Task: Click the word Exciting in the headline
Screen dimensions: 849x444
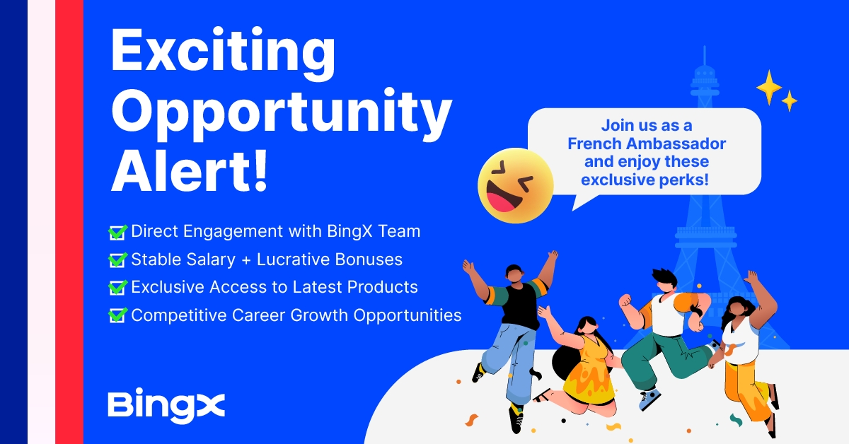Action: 224,53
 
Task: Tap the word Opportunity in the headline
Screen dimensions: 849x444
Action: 282,114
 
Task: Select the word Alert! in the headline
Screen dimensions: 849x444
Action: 189,170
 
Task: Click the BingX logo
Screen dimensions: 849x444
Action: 166,406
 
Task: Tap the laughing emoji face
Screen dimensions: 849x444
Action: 516,186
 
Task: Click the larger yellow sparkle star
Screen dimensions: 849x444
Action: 769,88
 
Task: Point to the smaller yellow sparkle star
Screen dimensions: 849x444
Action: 790,101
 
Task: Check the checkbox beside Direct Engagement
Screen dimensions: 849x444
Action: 117,232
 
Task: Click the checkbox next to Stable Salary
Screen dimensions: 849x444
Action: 117,260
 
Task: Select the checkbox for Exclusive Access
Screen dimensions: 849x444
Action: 117,288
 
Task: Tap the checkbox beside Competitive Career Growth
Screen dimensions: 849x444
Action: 117,315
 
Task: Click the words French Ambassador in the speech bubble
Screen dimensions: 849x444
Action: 647,144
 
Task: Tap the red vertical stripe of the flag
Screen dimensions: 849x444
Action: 69,222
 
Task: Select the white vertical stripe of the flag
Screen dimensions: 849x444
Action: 41,222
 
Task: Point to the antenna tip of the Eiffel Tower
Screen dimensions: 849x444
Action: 705,47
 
